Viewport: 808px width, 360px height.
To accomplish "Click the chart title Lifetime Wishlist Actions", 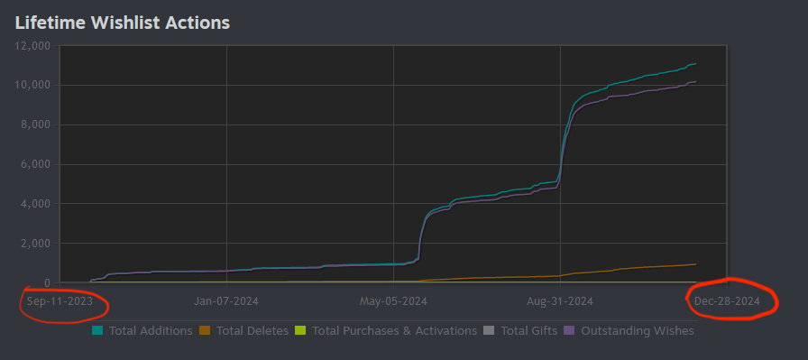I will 123,22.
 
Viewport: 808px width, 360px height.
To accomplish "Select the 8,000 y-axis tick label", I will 40,125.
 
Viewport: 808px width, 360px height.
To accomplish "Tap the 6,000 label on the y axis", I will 40,164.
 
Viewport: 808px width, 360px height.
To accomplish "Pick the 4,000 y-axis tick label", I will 40,204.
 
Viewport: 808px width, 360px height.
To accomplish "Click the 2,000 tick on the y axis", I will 40,244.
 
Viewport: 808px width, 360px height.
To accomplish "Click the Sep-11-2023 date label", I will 60,300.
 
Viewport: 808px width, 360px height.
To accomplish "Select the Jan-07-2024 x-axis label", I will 226,300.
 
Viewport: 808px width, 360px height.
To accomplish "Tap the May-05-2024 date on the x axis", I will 393,300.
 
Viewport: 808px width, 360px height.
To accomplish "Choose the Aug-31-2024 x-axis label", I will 560,300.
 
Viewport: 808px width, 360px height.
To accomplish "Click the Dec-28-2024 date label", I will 727,300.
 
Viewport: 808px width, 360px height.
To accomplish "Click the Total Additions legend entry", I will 151,331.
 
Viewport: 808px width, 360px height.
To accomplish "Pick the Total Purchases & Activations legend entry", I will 394,331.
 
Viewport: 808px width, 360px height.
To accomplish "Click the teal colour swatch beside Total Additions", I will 97,331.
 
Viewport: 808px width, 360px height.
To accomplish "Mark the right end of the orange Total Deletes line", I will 695,264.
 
